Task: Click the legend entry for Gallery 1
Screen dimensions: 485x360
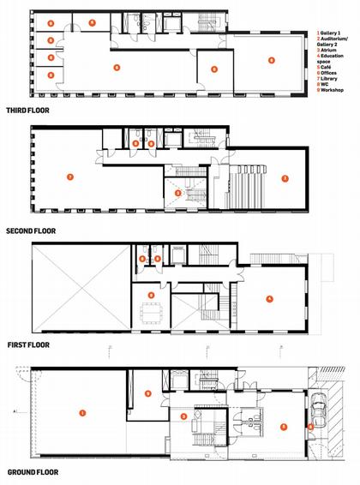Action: (x=329, y=31)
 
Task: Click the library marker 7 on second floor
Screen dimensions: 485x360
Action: (x=70, y=177)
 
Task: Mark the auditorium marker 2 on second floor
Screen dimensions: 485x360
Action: (x=285, y=178)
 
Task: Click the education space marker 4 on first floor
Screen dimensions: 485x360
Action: (x=269, y=298)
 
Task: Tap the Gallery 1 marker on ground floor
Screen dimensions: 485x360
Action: (x=82, y=413)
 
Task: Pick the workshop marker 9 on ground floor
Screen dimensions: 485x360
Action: (x=148, y=393)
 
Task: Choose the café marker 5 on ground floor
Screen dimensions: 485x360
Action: (x=284, y=426)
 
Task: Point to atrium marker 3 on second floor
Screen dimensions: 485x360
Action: (x=177, y=194)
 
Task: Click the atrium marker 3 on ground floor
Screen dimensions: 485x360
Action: (x=183, y=416)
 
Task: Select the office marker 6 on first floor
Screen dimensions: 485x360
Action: (x=151, y=295)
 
